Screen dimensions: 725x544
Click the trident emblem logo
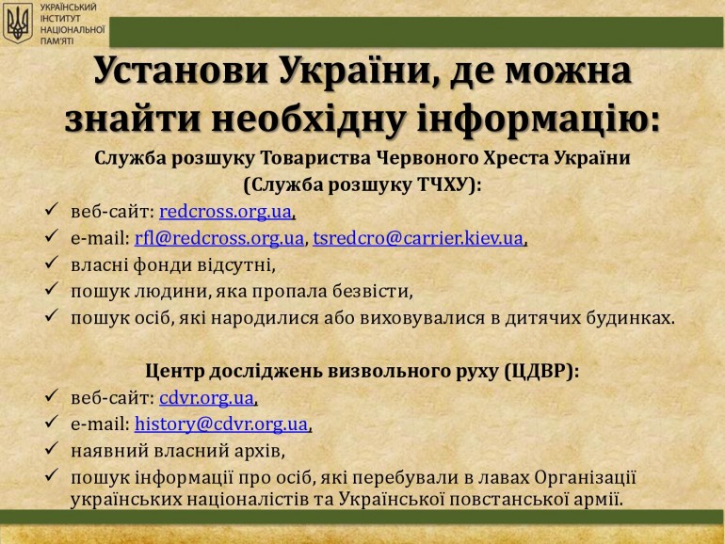point(18,24)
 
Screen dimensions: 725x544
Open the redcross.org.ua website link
point(226,212)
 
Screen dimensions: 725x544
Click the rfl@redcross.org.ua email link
point(219,238)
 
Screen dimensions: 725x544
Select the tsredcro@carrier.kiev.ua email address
point(418,238)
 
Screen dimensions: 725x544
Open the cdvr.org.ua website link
point(207,398)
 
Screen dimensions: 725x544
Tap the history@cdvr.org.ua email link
point(221,424)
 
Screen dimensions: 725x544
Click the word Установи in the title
point(181,71)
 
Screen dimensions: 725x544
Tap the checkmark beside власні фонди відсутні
point(52,263)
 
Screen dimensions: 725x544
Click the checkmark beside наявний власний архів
point(52,448)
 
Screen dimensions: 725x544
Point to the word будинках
point(631,318)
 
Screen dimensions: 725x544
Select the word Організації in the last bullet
point(586,477)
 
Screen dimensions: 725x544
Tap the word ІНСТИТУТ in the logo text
point(60,19)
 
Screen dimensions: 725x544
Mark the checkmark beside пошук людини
point(52,289)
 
